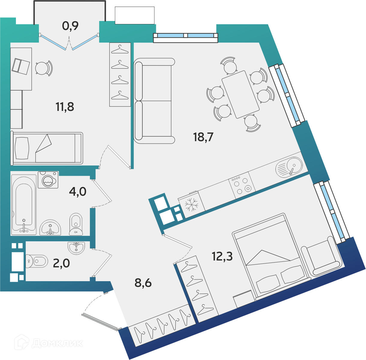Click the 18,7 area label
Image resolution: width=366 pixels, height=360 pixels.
[203, 137]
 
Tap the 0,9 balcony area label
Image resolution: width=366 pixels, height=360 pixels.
[70, 26]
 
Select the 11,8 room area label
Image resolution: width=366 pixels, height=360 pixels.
[65, 107]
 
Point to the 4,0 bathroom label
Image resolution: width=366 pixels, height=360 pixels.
[78, 192]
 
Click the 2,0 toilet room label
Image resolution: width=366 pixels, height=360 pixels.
[61, 263]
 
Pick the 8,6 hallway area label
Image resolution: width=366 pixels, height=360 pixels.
[143, 283]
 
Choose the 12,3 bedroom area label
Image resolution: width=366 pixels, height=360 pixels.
[222, 257]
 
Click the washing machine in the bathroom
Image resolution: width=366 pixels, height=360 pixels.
[48, 180]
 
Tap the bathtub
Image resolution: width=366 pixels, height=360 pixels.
[24, 205]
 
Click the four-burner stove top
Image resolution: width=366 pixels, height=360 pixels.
[242, 186]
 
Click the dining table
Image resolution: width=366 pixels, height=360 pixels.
[240, 94]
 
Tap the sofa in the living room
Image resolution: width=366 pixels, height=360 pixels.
[154, 101]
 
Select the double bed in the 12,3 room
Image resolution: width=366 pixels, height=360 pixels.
[271, 257]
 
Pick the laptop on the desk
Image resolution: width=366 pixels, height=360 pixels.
[21, 67]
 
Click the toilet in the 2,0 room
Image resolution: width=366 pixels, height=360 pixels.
[37, 261]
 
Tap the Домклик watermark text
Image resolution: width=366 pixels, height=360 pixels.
[57, 343]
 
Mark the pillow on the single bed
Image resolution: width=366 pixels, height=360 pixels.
[22, 148]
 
